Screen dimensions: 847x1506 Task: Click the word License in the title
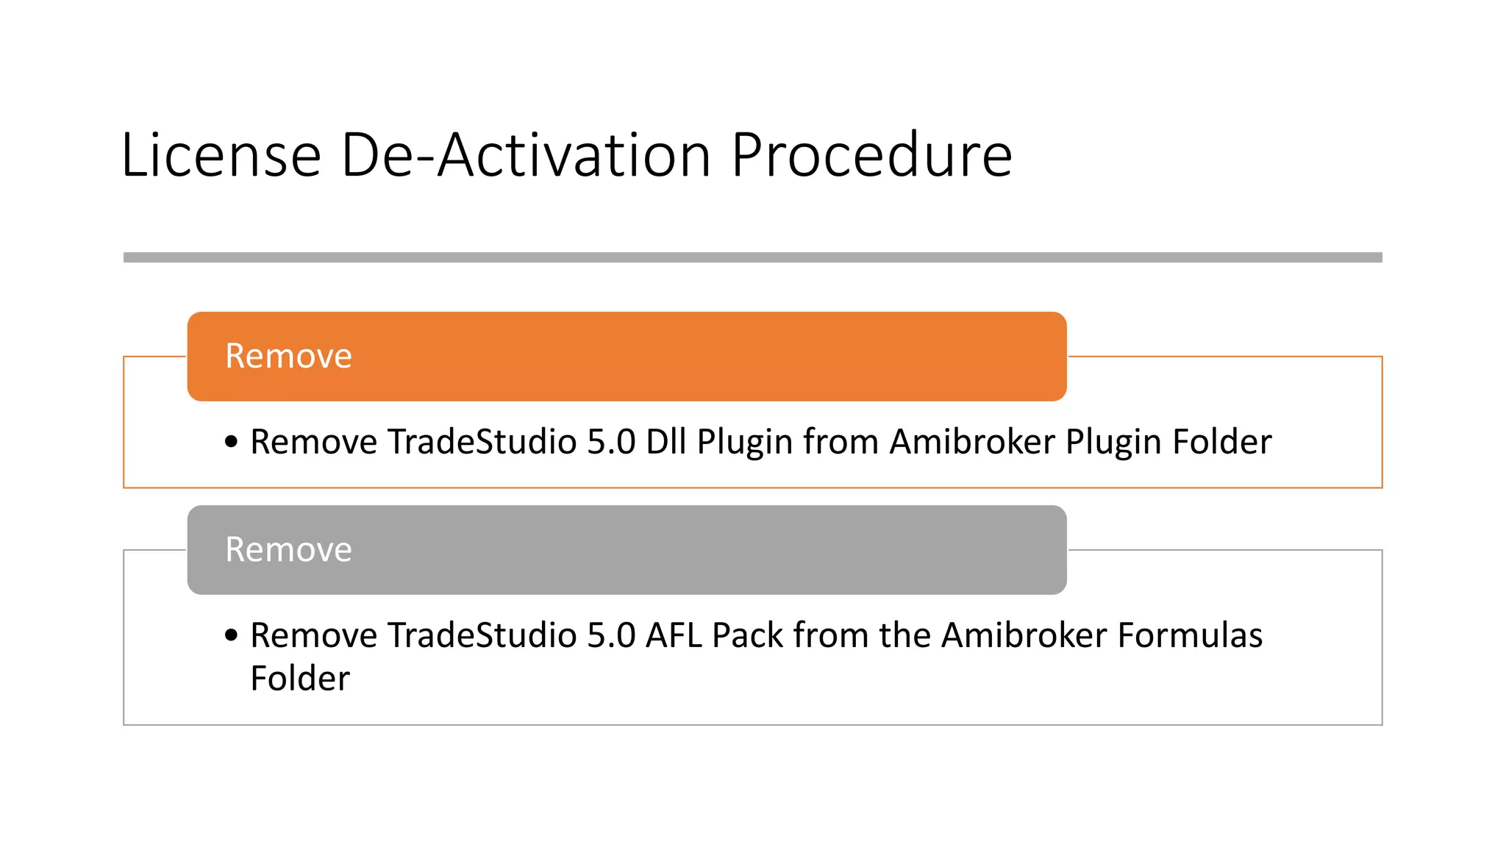tap(221, 156)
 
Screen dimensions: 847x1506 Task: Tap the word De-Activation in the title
tap(526, 156)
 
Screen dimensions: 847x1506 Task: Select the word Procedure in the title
tap(871, 156)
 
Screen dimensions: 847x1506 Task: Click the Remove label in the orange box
tap(288, 357)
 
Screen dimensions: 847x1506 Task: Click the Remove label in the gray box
tap(288, 550)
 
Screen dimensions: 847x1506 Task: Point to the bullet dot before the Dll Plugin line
tap(232, 442)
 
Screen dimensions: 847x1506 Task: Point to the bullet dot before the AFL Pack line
tap(232, 635)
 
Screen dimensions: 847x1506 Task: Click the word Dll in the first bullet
tap(665, 442)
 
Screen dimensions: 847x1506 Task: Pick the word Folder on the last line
tap(300, 679)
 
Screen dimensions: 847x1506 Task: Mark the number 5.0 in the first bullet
tap(611, 442)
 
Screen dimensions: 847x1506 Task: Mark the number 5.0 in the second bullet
tap(611, 635)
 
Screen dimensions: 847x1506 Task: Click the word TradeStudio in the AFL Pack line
tap(482, 635)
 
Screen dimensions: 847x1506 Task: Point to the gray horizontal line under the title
tap(752, 257)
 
